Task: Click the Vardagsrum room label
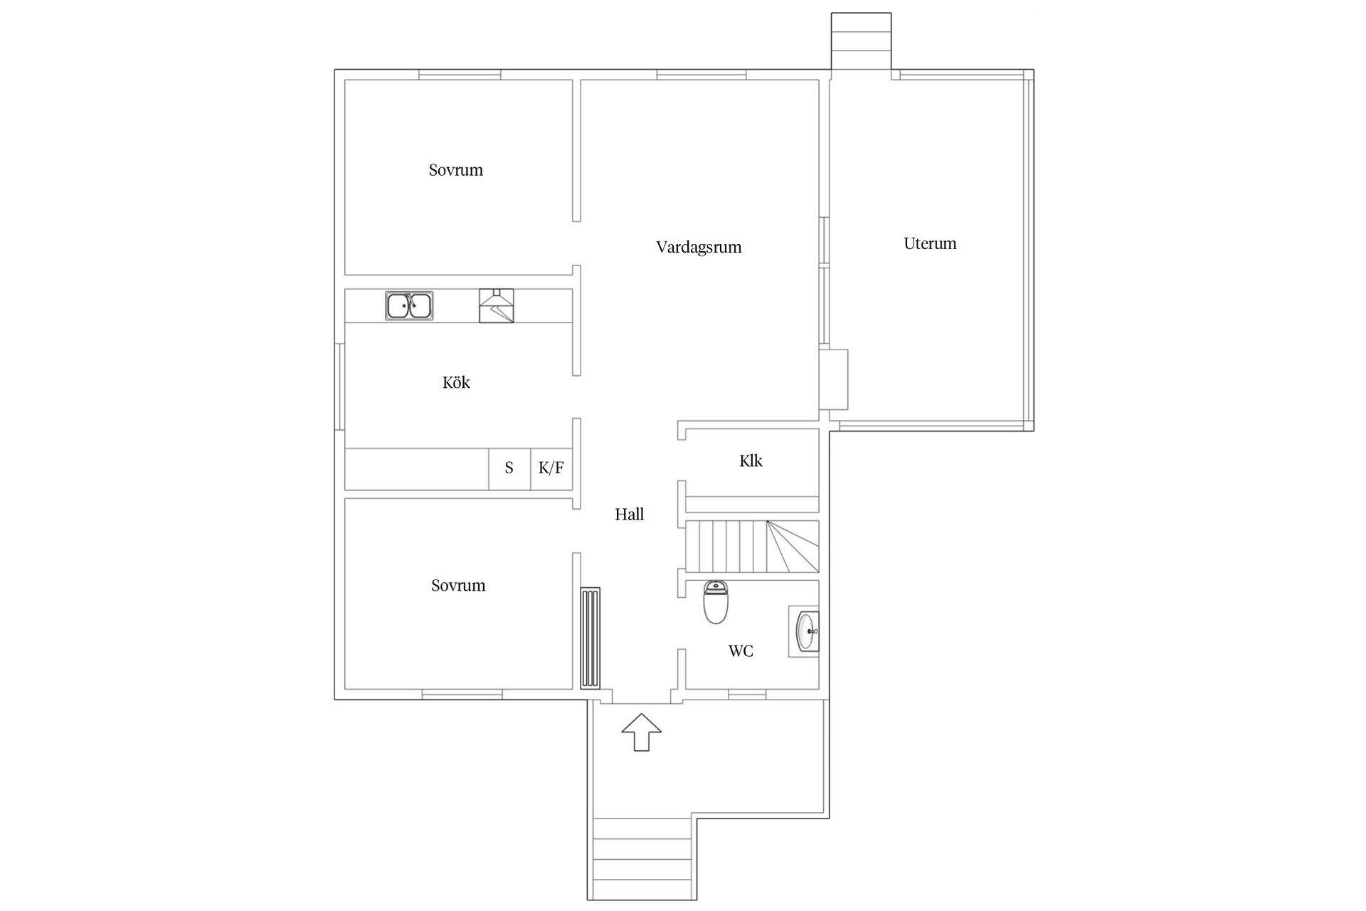pyautogui.click(x=698, y=247)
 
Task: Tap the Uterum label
pyautogui.click(x=930, y=243)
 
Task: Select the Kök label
pyautogui.click(x=456, y=383)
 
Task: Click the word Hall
pyautogui.click(x=629, y=514)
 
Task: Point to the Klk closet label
pyautogui.click(x=751, y=460)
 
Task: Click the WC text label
pyautogui.click(x=741, y=651)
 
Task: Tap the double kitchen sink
pyautogui.click(x=409, y=306)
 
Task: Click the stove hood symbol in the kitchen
pyautogui.click(x=496, y=306)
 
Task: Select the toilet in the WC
pyautogui.click(x=716, y=602)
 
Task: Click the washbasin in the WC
pyautogui.click(x=805, y=631)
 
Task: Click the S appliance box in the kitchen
pyautogui.click(x=509, y=468)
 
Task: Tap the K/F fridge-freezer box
pyautogui.click(x=551, y=468)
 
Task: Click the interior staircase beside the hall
pyautogui.click(x=751, y=547)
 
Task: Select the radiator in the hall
pyautogui.click(x=591, y=638)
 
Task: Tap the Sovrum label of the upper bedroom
pyautogui.click(x=455, y=170)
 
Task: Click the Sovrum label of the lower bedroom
pyautogui.click(x=458, y=586)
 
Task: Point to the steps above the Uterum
pyautogui.click(x=861, y=41)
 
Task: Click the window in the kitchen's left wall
pyautogui.click(x=339, y=386)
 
